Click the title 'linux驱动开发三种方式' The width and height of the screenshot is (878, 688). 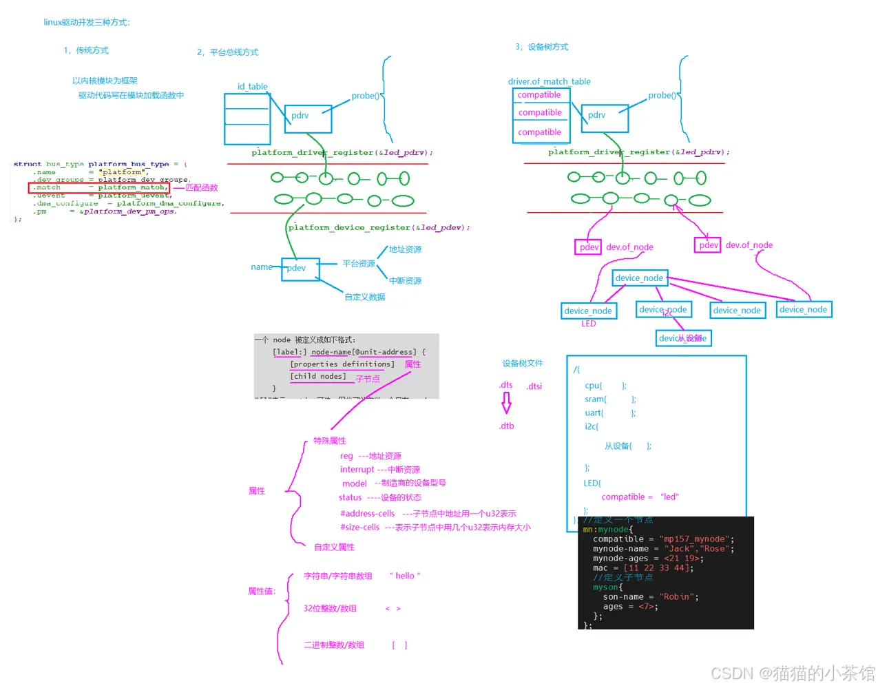click(x=87, y=23)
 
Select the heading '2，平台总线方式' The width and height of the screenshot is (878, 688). click(x=227, y=52)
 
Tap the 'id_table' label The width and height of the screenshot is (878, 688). click(x=252, y=87)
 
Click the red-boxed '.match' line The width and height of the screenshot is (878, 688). click(x=98, y=187)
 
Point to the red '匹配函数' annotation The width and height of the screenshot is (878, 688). click(x=202, y=187)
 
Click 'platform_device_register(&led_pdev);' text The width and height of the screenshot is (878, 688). click(x=379, y=227)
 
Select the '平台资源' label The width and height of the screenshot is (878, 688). click(x=359, y=264)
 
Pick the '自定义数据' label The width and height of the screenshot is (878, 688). click(x=365, y=297)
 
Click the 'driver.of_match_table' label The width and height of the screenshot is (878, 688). click(x=549, y=81)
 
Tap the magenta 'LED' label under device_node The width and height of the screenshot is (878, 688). click(x=588, y=324)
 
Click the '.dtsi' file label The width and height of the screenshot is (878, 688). click(x=534, y=386)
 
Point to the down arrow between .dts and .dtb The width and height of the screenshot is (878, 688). click(x=507, y=402)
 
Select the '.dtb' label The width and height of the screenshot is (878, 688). click(x=507, y=426)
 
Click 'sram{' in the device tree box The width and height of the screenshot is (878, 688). click(x=596, y=399)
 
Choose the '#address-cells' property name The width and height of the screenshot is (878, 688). click(x=367, y=514)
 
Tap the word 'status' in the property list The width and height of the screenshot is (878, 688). click(x=350, y=497)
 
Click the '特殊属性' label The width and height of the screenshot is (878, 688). click(x=330, y=441)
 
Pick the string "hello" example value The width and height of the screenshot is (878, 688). click(x=405, y=576)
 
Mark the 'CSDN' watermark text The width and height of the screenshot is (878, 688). click(x=731, y=673)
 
